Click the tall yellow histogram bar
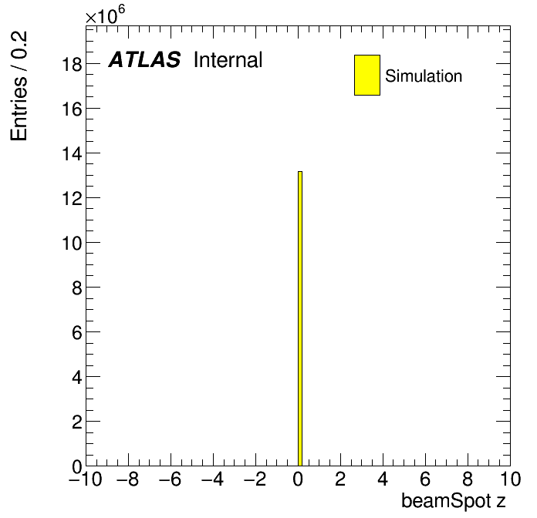(x=300, y=318)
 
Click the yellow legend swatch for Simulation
(x=367, y=75)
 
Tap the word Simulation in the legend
(x=424, y=76)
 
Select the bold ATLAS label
(x=144, y=59)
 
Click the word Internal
(x=228, y=59)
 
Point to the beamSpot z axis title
(x=454, y=501)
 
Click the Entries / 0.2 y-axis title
(x=19, y=86)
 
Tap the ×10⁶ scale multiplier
(x=105, y=15)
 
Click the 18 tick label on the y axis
(x=72, y=64)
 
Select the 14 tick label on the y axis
(x=72, y=153)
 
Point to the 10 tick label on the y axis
(x=72, y=244)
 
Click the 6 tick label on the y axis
(x=77, y=332)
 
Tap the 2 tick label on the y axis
(x=77, y=422)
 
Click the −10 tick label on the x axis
(x=86, y=479)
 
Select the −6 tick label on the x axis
(x=171, y=479)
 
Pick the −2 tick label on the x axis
(x=255, y=479)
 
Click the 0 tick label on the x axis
(x=298, y=479)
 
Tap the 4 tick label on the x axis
(x=383, y=479)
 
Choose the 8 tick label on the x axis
(x=468, y=479)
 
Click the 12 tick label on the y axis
(x=72, y=198)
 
